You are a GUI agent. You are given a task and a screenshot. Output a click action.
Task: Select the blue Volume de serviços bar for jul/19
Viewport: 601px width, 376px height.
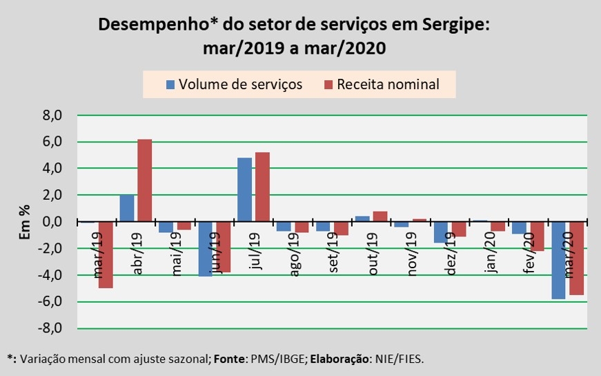point(244,189)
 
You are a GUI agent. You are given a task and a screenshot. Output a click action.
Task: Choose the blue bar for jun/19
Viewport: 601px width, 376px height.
point(205,249)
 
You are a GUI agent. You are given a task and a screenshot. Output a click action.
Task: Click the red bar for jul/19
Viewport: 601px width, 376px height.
point(262,187)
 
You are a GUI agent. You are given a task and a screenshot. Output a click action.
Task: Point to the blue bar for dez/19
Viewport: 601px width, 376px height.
point(440,232)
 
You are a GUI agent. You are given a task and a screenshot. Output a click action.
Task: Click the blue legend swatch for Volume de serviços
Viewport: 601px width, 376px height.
point(170,85)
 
